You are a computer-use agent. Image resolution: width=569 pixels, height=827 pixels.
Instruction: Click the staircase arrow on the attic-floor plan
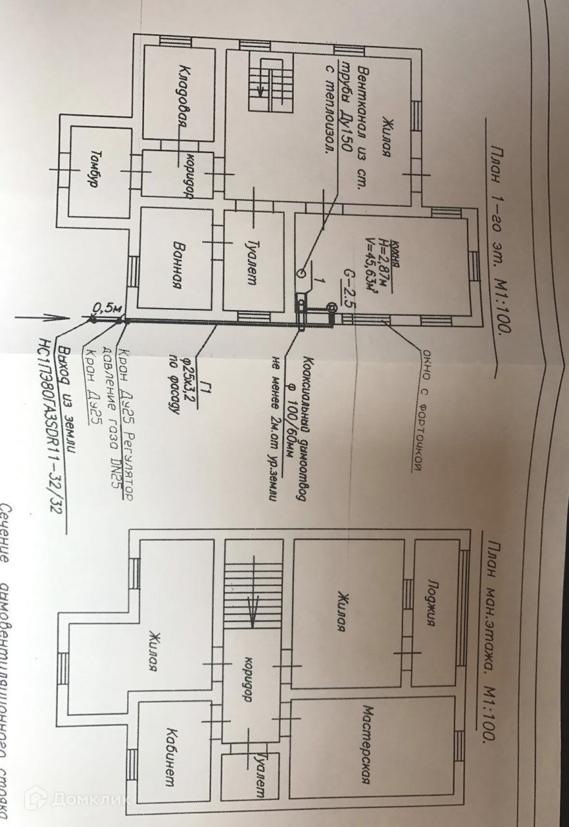(x=254, y=611)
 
